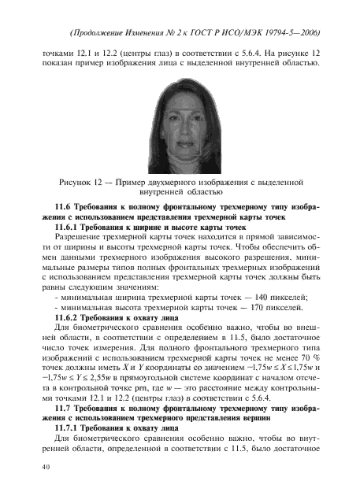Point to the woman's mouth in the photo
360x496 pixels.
(181, 144)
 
